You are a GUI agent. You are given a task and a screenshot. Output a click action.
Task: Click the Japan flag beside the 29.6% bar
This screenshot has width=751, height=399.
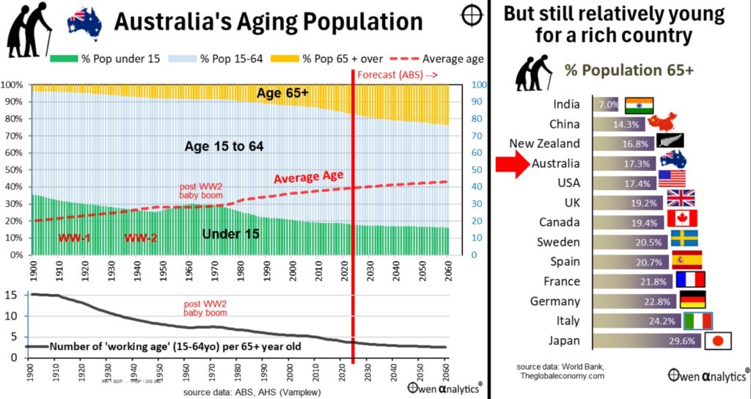click(717, 340)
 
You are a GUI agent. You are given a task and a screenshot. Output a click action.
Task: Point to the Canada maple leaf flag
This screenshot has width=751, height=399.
click(682, 218)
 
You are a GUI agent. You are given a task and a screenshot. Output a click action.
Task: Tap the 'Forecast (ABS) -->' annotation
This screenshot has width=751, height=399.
click(397, 74)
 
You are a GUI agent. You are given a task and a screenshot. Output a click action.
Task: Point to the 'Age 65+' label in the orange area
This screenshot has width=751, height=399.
click(283, 93)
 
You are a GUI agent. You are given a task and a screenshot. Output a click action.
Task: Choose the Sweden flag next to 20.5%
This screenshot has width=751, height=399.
click(684, 238)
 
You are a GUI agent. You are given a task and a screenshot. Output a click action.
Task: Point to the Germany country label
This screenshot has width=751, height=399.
click(560, 301)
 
